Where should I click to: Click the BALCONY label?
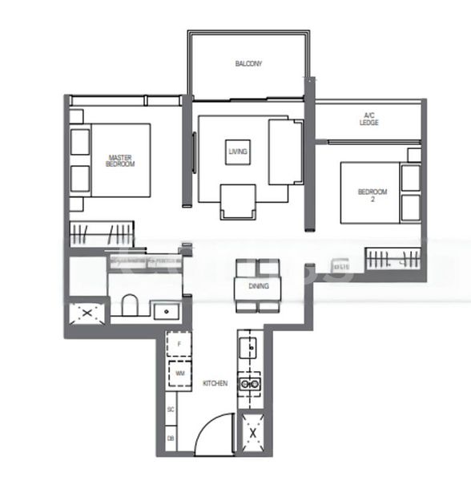pyautogui.click(x=248, y=63)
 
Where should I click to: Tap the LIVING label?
pyautogui.click(x=238, y=151)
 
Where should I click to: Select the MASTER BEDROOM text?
pyautogui.click(x=120, y=160)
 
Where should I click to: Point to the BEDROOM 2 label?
pyautogui.click(x=372, y=195)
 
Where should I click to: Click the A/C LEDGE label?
pyautogui.click(x=368, y=120)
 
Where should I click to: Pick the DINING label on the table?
pyautogui.click(x=258, y=286)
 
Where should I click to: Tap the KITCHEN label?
pyautogui.click(x=215, y=384)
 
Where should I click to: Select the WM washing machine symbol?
pyautogui.click(x=180, y=374)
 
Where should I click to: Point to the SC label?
pyautogui.click(x=171, y=410)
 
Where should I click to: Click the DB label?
pyautogui.click(x=171, y=439)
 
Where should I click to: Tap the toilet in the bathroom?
pyautogui.click(x=128, y=305)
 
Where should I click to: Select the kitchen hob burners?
pyautogui.click(x=253, y=383)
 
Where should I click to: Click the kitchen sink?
pyautogui.click(x=249, y=348)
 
